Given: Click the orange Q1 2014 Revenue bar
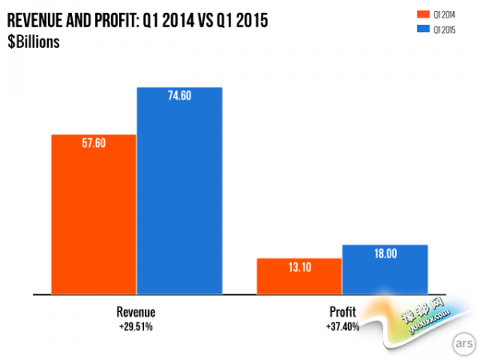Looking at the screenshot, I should (x=94, y=214).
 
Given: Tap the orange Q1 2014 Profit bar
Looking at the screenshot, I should (x=298, y=277).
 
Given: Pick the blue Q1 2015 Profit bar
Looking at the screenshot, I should (x=385, y=270).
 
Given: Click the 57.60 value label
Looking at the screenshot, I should (x=94, y=143).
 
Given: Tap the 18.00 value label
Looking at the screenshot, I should (x=385, y=254).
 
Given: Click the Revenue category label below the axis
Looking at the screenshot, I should (x=136, y=312).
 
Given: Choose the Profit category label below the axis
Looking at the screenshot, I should (x=342, y=312).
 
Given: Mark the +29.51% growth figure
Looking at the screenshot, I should (x=136, y=326).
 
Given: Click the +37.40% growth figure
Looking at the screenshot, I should (x=342, y=326).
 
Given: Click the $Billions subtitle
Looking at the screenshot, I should (x=34, y=42).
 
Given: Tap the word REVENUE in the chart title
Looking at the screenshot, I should (x=36, y=21).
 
